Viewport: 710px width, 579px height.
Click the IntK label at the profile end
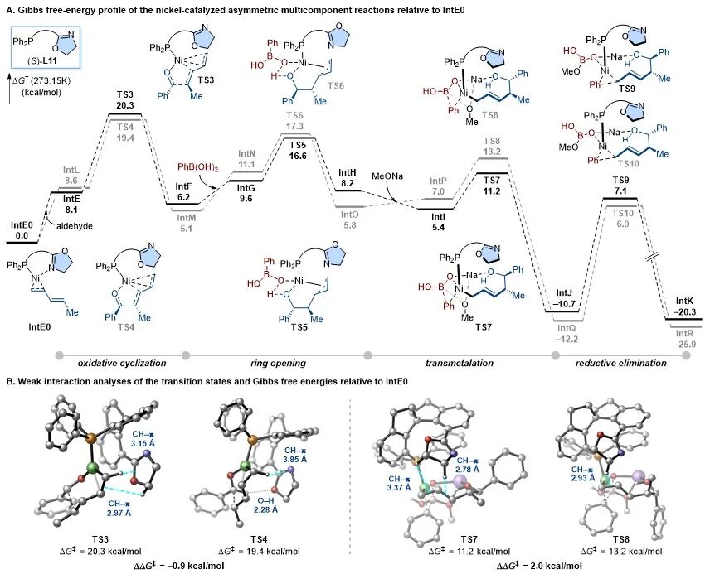point(684,302)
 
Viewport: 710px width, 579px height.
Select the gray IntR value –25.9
point(684,340)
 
